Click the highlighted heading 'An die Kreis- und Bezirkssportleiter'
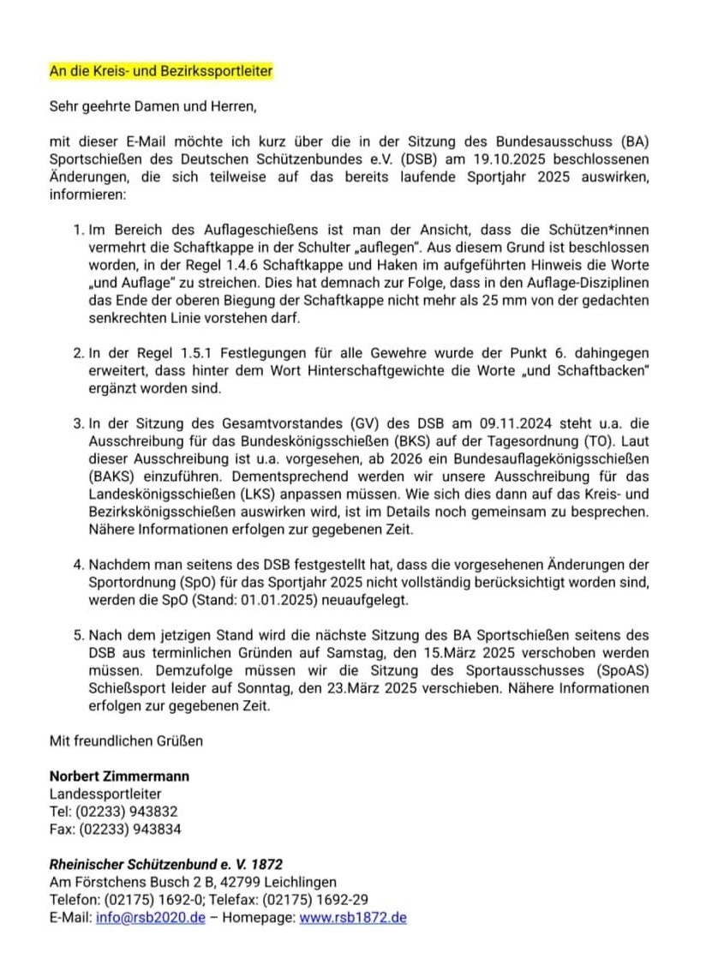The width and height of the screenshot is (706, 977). pyautogui.click(x=161, y=71)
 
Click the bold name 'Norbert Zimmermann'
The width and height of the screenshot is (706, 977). pyautogui.click(x=119, y=776)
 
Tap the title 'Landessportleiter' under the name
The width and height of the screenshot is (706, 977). pyautogui.click(x=105, y=794)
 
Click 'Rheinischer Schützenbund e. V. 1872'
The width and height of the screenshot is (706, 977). pyautogui.click(x=166, y=865)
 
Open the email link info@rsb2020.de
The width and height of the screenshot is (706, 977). pyautogui.click(x=151, y=918)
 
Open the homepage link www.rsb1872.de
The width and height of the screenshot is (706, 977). pyautogui.click(x=353, y=918)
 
